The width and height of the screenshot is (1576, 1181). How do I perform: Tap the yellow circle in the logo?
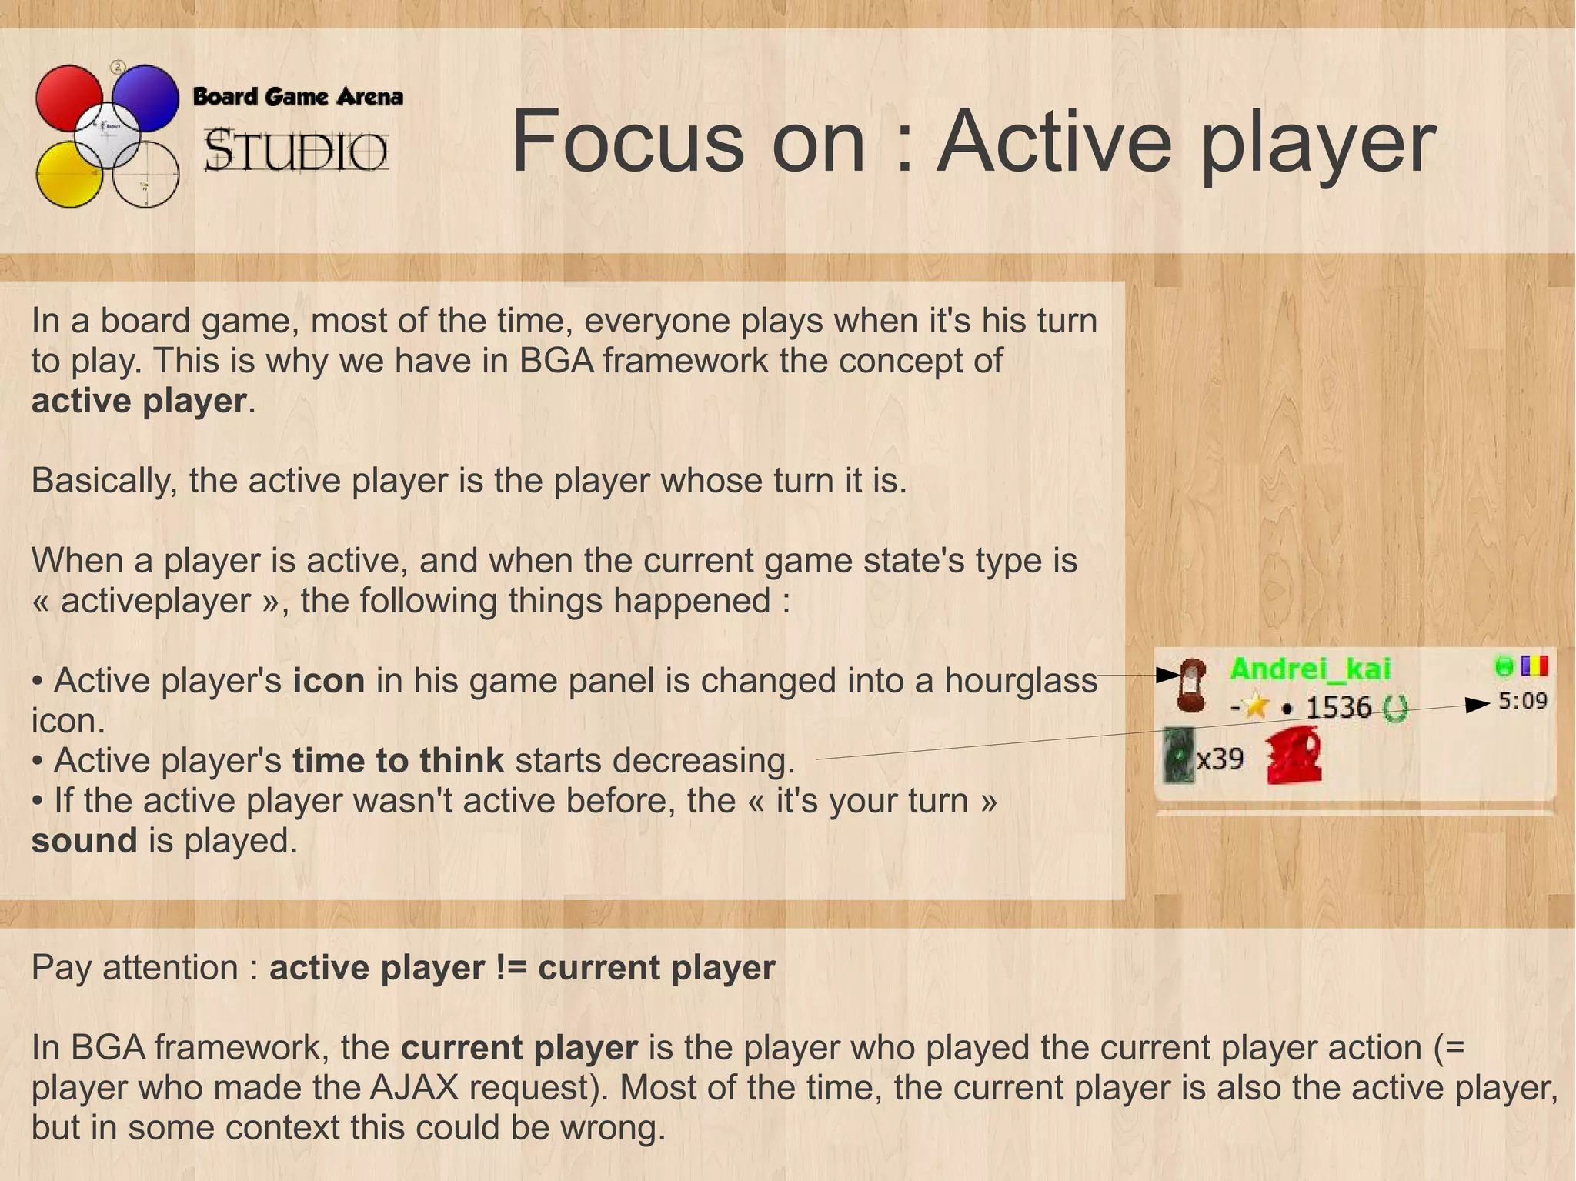[x=68, y=175]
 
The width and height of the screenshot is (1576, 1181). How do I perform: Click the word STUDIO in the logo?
[x=295, y=151]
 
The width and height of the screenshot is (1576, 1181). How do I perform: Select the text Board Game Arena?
[x=297, y=97]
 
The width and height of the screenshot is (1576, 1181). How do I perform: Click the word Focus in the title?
[x=626, y=142]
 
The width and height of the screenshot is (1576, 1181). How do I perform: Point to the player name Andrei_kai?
[x=1310, y=669]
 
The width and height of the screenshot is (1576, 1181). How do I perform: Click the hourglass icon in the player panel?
[x=1191, y=684]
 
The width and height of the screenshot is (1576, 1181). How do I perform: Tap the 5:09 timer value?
[x=1522, y=701]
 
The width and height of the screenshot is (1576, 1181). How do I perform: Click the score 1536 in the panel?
[x=1338, y=706]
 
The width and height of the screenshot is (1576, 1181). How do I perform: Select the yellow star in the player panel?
[x=1256, y=706]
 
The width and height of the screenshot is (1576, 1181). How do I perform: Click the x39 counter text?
[x=1220, y=759]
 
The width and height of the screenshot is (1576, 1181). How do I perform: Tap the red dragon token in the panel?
[x=1294, y=757]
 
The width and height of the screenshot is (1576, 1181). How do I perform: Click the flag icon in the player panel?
[x=1534, y=666]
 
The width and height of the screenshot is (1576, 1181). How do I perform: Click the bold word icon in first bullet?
[x=329, y=681]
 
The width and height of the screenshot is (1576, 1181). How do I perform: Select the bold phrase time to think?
[x=398, y=761]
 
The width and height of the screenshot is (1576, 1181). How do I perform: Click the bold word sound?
[x=84, y=841]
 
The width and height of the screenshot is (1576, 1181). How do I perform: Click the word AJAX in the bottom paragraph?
[x=414, y=1088]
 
